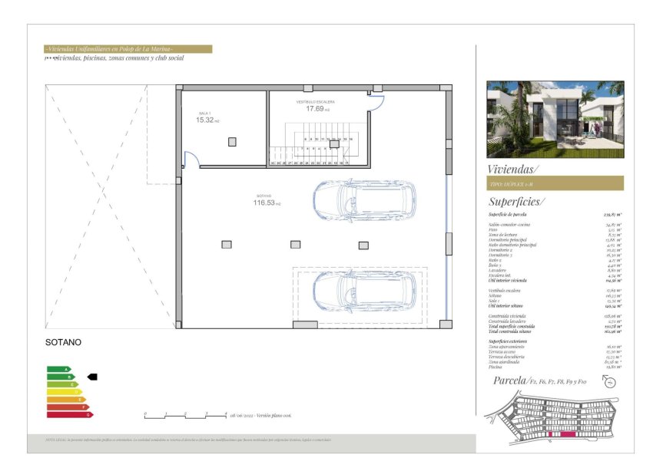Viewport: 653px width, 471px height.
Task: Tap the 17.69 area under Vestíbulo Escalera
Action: tap(313, 109)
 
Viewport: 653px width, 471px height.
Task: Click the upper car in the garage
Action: tap(364, 201)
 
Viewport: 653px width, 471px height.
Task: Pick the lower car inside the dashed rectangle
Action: tap(364, 291)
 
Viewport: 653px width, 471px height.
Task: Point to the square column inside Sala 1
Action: tap(232, 142)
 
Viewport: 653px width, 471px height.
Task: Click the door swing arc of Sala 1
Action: tap(192, 160)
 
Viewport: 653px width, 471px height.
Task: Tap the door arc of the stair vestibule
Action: tap(376, 102)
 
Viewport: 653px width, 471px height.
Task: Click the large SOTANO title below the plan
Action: tap(63, 342)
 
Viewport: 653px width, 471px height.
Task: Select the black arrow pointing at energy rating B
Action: tap(92, 377)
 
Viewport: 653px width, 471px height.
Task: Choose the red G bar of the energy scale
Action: tap(70, 414)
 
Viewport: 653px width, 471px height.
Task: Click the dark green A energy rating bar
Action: tap(58, 369)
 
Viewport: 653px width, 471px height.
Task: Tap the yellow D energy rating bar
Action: tap(65, 392)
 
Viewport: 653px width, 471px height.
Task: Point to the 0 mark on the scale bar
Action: tap(145, 414)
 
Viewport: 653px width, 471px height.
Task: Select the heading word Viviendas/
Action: tap(513, 169)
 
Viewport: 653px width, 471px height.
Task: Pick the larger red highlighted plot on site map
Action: tap(568, 434)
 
